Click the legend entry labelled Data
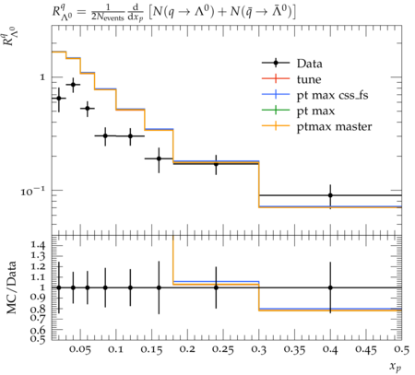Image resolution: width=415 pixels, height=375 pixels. pyautogui.click(x=292, y=63)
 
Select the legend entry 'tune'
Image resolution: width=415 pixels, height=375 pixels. pyautogui.click(x=291, y=79)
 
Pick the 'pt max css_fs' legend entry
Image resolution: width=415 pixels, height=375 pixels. pyautogui.click(x=314, y=95)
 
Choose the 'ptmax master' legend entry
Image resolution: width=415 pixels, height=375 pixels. pyautogui.click(x=316, y=126)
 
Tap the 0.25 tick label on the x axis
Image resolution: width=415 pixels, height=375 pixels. pyautogui.click(x=223, y=350)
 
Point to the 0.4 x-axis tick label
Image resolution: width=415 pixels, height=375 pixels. pyautogui.click(x=330, y=350)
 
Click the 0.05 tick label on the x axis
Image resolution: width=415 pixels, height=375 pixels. pyautogui.click(x=80, y=350)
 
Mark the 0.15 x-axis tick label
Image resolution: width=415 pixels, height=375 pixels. pyautogui.click(x=152, y=350)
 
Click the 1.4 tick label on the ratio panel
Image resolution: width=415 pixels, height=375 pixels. pyautogui.click(x=39, y=245)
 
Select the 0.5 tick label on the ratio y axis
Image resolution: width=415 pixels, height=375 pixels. pyautogui.click(x=39, y=338)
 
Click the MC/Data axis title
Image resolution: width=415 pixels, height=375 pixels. pyautogui.click(x=11, y=287)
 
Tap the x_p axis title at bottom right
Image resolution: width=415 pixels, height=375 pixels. pyautogui.click(x=396, y=366)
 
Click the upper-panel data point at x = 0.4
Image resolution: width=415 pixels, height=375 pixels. pyautogui.click(x=330, y=195)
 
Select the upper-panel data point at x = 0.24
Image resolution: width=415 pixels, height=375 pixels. pyautogui.click(x=216, y=164)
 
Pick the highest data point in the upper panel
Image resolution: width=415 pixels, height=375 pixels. pyautogui.click(x=73, y=84)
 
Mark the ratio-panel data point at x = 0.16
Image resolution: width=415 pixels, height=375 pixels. pyautogui.click(x=159, y=287)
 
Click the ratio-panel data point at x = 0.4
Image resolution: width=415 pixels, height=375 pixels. pyautogui.click(x=330, y=287)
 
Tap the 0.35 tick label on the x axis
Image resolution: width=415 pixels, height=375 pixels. pyautogui.click(x=294, y=350)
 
